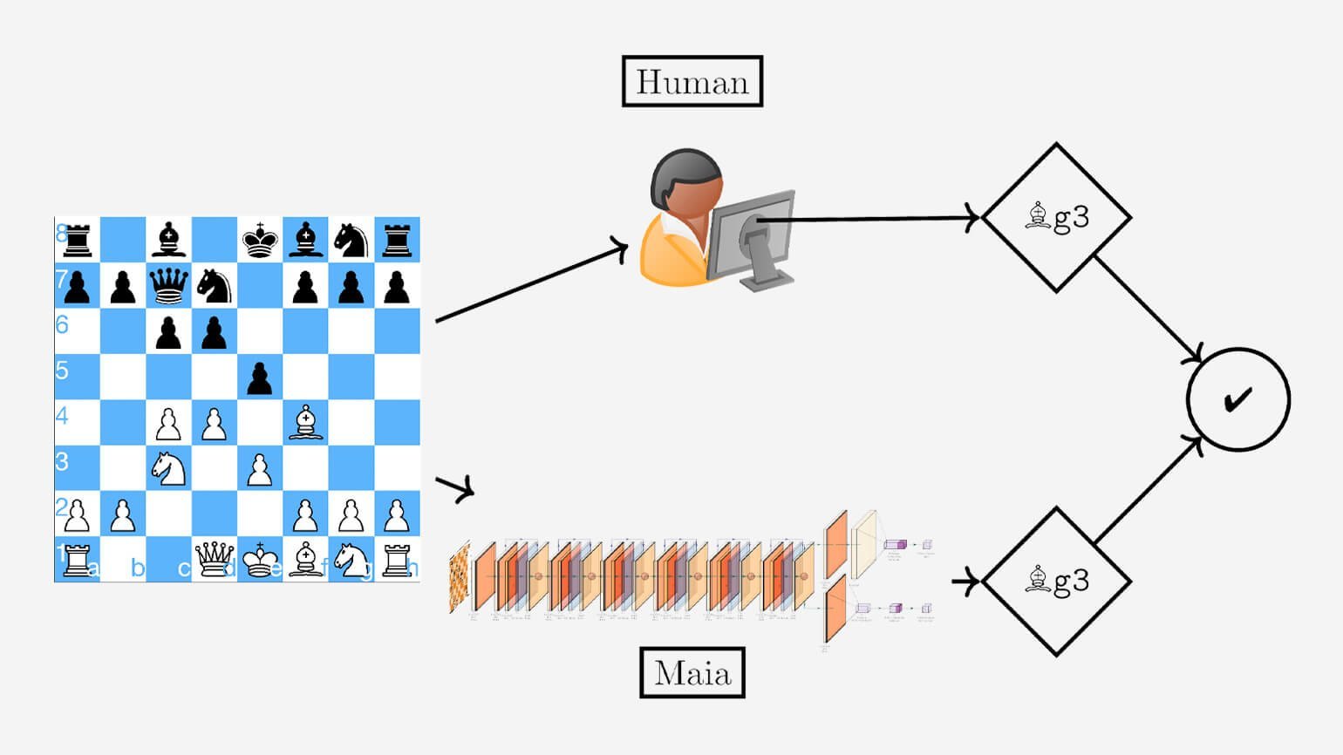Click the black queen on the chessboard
(x=168, y=285)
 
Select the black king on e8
(x=260, y=240)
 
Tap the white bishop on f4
(x=305, y=422)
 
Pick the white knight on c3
(x=168, y=467)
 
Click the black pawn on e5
(x=260, y=377)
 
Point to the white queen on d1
(x=214, y=558)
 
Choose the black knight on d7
(x=214, y=285)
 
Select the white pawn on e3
(x=260, y=468)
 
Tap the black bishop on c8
(x=168, y=240)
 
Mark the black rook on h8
(x=397, y=240)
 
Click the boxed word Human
(x=692, y=82)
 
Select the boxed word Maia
(x=692, y=672)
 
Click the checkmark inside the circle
(x=1237, y=399)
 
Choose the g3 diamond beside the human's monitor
(x=1056, y=217)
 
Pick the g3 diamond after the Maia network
(x=1056, y=581)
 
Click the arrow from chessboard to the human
(x=531, y=284)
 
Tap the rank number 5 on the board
(x=62, y=371)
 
